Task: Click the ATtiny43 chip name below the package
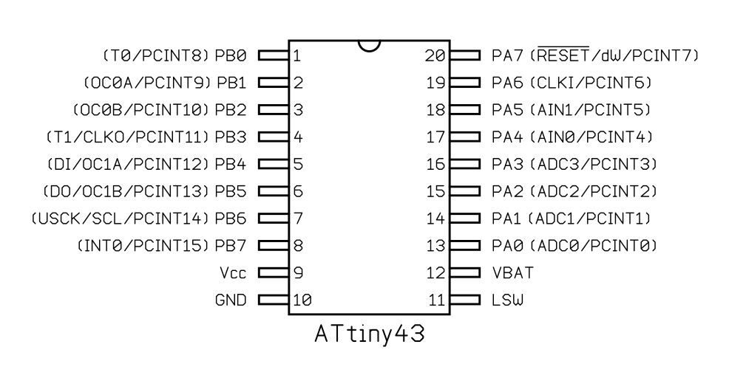(x=369, y=334)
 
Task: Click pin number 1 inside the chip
(x=296, y=55)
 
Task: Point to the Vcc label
(x=233, y=273)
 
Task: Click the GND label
(x=231, y=300)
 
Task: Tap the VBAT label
(x=512, y=273)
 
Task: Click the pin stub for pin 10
(x=273, y=300)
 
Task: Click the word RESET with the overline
(x=563, y=55)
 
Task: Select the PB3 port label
(x=231, y=137)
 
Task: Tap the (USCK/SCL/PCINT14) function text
(x=121, y=219)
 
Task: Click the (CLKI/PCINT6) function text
(x=589, y=83)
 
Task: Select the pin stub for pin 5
(x=273, y=164)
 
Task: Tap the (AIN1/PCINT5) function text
(x=589, y=110)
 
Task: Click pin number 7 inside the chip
(x=297, y=219)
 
